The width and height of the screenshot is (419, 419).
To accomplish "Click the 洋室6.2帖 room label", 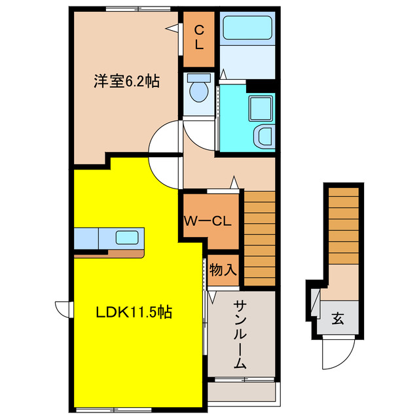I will [x=126, y=82].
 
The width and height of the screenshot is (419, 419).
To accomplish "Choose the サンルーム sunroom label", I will [x=240, y=334].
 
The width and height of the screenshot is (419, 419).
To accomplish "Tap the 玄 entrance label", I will [x=337, y=319].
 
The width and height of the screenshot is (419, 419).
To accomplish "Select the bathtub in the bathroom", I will [x=247, y=29].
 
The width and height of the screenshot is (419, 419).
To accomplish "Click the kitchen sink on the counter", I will [x=126, y=236].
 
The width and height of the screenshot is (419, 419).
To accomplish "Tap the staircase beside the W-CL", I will [x=259, y=238].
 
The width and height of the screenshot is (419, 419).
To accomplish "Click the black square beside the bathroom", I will [x=261, y=86].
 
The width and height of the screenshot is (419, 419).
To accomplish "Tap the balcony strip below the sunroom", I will [x=243, y=392].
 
